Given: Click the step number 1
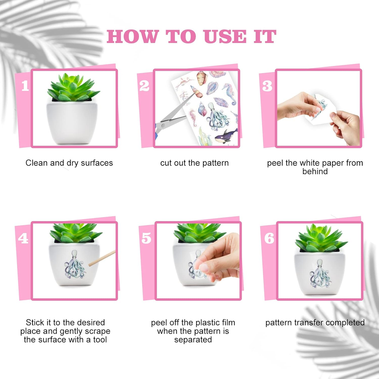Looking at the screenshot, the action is click(x=25, y=86).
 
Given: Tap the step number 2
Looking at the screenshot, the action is click(x=144, y=86).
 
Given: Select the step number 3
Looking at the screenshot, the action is click(x=267, y=86).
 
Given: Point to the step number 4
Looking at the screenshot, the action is click(x=23, y=238).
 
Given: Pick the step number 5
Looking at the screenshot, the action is click(x=146, y=238).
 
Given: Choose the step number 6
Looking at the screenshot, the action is click(x=269, y=238).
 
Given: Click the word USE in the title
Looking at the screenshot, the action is click(x=225, y=37).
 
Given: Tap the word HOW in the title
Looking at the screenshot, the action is click(x=133, y=37).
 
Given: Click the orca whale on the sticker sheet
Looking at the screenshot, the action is click(x=226, y=136).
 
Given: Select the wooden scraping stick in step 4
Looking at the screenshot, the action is click(x=102, y=258).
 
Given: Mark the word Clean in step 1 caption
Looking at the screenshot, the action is click(x=36, y=163).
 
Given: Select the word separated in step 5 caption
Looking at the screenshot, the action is click(x=193, y=340).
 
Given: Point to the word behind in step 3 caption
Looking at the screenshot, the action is click(x=315, y=171).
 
